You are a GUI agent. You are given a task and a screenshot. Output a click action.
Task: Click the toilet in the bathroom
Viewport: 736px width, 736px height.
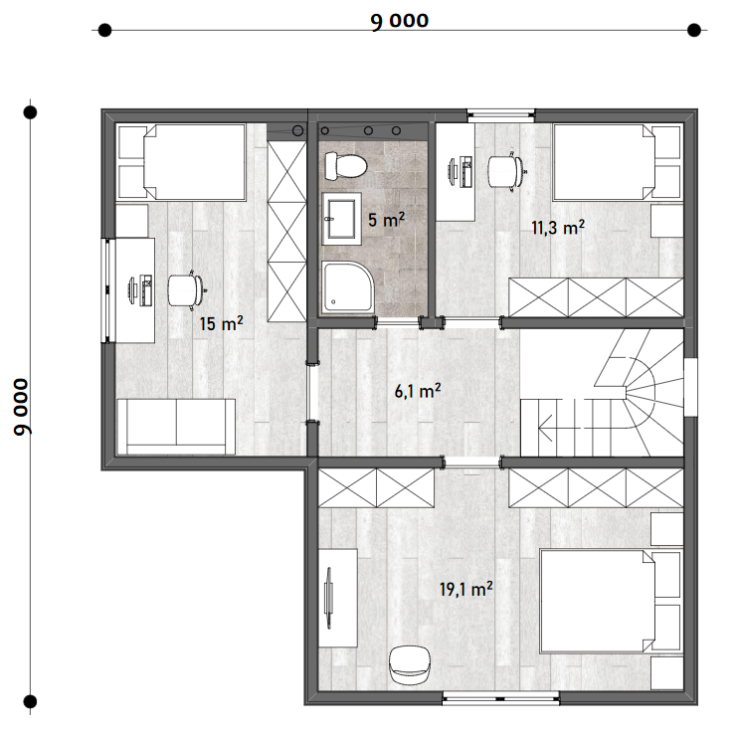coord(345,165)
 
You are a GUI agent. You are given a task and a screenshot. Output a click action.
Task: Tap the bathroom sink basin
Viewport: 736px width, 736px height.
coord(341,219)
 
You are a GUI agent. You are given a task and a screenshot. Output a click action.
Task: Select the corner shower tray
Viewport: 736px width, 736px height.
coord(348,287)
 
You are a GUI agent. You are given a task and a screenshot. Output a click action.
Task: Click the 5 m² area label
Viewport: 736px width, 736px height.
coord(386,220)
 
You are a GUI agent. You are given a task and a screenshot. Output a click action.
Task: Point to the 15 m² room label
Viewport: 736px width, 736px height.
coord(221,323)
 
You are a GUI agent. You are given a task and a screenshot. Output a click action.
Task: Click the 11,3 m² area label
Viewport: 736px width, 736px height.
coord(558,228)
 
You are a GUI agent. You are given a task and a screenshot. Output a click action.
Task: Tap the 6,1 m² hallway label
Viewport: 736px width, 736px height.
coord(418,391)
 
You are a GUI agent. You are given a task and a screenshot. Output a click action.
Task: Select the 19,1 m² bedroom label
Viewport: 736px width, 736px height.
coord(466,589)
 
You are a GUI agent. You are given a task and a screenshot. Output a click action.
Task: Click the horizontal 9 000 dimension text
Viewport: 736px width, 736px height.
coord(400,21)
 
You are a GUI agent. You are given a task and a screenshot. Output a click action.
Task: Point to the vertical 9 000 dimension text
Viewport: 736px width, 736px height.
coord(22,407)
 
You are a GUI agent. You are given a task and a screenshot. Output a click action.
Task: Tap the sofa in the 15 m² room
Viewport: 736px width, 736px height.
coord(176,427)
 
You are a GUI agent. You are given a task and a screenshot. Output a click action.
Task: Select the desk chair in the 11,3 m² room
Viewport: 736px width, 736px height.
coord(506,171)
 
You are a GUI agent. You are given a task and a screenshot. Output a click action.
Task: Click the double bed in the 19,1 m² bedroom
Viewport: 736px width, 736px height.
coord(611,602)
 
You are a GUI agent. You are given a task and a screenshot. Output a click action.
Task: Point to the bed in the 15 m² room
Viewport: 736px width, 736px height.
coord(182,162)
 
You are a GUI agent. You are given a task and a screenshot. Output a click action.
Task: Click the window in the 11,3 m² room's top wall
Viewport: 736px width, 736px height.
coord(501,113)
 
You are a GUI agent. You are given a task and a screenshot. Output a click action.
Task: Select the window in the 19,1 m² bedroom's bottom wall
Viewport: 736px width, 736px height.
coord(501,700)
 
